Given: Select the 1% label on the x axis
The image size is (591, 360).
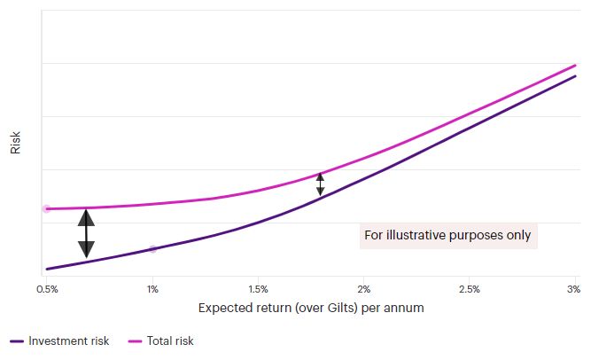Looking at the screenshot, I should [152, 289].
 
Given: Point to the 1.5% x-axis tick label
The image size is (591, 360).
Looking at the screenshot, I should [258, 289].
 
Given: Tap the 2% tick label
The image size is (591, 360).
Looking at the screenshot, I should [364, 289].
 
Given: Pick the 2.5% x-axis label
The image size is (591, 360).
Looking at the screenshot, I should [470, 289].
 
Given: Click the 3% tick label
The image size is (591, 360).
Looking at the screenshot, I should [573, 289].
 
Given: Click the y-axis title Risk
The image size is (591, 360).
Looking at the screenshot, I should [15, 142].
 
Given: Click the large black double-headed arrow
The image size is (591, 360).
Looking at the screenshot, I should [86, 233].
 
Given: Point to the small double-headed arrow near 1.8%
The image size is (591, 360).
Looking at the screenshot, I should [321, 184].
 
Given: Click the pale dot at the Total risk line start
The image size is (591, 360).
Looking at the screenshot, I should [46, 209].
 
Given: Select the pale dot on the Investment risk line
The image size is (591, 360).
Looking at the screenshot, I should [152, 249].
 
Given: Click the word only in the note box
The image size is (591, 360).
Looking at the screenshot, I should [517, 236].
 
